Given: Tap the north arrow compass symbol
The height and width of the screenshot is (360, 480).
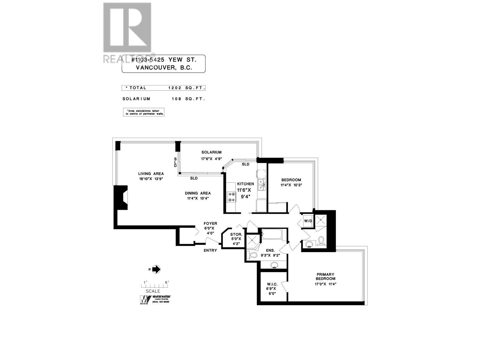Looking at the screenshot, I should point(156,269).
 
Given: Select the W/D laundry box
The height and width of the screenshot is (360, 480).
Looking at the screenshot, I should point(308,221).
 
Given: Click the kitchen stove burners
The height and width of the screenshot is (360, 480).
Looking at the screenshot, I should point(231,197).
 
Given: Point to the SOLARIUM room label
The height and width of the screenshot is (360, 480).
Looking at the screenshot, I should point(211,152).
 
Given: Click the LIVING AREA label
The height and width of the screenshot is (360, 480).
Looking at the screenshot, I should point(151,174).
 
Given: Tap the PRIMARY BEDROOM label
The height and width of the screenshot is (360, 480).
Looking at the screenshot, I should point(325,276).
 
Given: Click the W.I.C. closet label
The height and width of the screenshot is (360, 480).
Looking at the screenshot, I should point(272,284).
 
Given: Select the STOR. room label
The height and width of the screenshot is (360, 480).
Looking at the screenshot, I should point(236,234).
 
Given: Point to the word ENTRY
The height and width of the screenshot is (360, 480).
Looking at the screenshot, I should point(210,250).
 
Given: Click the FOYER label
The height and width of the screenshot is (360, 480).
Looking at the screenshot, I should point(210,223).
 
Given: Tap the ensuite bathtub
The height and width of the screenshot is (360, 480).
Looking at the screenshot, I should point(271,234).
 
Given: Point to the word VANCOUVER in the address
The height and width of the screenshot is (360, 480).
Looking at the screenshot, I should point(155,68).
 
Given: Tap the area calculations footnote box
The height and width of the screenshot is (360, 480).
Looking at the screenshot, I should point(144,112).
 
